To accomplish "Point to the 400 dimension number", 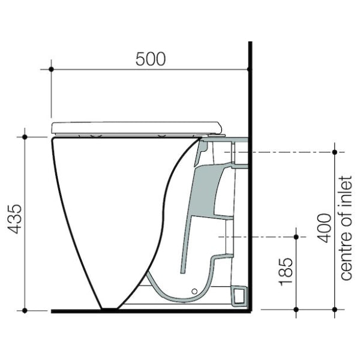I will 324,227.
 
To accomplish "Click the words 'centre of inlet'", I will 345,227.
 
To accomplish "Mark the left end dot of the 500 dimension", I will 51,70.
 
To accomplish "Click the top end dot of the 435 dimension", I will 25,137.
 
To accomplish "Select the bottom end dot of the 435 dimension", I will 25,310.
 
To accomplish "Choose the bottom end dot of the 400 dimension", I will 334,310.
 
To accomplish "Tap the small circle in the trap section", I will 194,292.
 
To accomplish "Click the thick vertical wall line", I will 251,180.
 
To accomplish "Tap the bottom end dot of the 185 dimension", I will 296,310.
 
